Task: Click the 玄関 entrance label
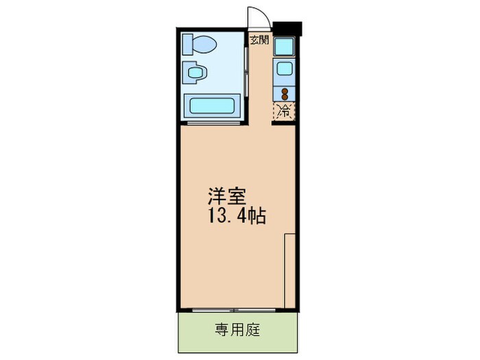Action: pos(259,40)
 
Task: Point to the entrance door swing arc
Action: pos(256,17)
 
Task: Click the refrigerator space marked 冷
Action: pos(283,110)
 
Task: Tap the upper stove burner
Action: pos(283,89)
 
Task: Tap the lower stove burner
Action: pos(283,97)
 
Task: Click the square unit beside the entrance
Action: pos(283,47)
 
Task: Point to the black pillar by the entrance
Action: pos(287,28)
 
